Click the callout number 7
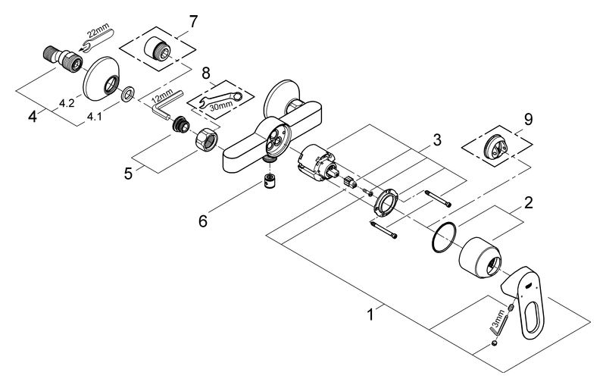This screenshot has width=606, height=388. (193, 22)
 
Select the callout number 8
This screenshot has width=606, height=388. (206, 72)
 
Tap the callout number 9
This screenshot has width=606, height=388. (528, 119)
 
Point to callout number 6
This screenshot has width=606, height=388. (203, 221)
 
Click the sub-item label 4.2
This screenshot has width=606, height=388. (67, 104)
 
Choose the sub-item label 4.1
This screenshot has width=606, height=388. (94, 116)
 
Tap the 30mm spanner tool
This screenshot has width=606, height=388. (220, 100)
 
